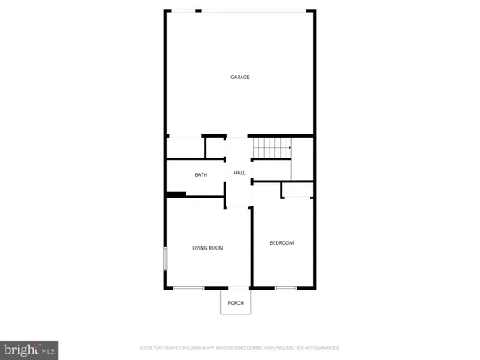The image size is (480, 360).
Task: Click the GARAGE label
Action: click(x=240, y=78)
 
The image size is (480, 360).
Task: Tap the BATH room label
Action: click(x=201, y=174)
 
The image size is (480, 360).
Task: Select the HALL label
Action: click(x=239, y=173)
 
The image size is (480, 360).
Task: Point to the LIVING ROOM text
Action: click(x=207, y=248)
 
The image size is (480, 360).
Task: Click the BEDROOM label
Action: click(x=282, y=243)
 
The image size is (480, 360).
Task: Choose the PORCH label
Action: click(x=236, y=302)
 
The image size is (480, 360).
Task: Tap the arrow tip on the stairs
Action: click(x=290, y=147)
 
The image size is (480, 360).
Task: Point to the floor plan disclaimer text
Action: click(x=239, y=348)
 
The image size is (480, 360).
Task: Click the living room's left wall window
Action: click(x=166, y=259)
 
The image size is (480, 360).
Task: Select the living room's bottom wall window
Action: click(x=189, y=288)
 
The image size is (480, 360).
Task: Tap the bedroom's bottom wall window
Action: click(x=286, y=288)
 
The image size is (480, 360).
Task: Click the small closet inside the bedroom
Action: click(x=297, y=190)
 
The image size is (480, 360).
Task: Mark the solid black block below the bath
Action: click(x=176, y=193)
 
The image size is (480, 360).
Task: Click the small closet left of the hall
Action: click(x=215, y=148)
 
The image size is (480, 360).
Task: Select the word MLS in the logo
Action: click(x=48, y=349)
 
